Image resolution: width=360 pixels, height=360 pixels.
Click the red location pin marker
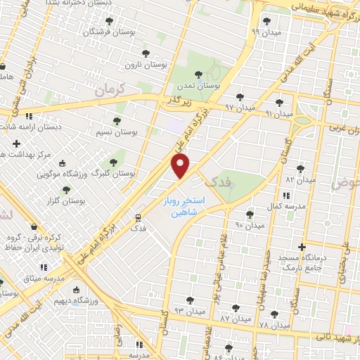click(181, 167)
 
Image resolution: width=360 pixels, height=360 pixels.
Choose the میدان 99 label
click(265, 32)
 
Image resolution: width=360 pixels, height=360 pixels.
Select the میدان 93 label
click(189, 310)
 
